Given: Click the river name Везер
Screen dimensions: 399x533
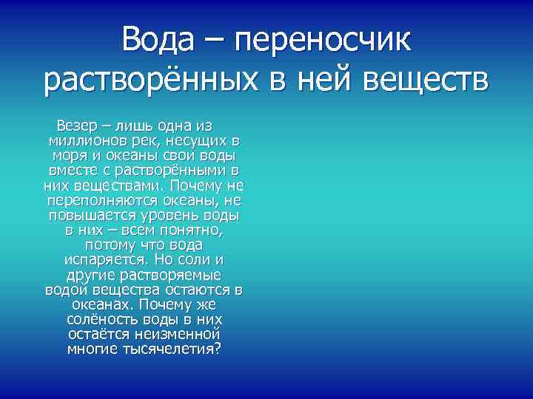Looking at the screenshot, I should [78, 125].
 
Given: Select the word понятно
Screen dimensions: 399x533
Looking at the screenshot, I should [190, 230].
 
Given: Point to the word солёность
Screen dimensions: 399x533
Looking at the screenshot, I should [101, 320].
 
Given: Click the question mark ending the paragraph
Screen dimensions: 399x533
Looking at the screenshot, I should [217, 349].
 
